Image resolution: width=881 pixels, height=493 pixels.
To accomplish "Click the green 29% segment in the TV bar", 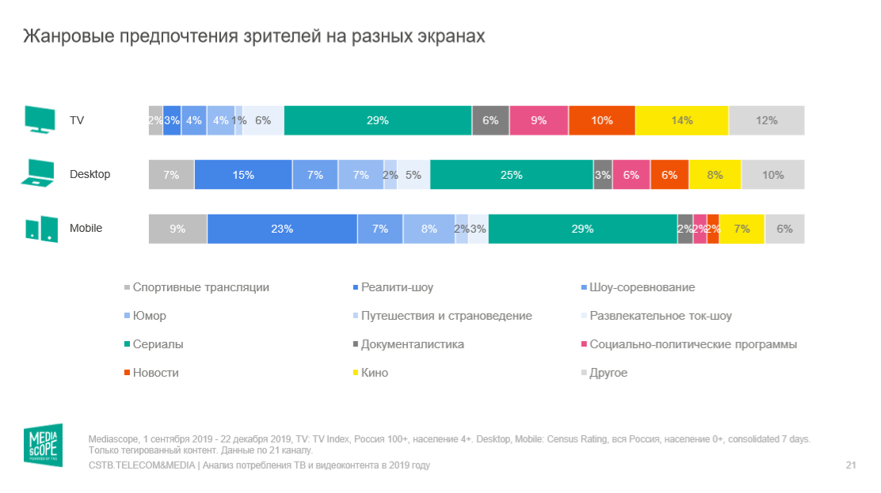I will pos(377,120).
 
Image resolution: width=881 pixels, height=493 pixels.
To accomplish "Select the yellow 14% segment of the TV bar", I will pos(682,120).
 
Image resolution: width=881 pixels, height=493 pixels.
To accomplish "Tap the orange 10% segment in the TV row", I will pos(601,120).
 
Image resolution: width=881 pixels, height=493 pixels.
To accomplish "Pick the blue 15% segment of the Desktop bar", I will pos(243,175).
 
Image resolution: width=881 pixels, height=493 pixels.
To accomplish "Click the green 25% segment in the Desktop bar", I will pos(511,175).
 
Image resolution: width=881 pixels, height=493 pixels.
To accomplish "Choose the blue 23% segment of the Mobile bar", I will pos(281,229).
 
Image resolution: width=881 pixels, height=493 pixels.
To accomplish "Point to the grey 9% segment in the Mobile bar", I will pos(177,229).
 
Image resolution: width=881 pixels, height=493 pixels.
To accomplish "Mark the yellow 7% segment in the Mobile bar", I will pos(742,229).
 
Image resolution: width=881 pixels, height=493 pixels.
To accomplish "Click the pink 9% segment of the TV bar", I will pos(539,120).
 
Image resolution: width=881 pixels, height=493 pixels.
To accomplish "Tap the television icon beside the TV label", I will pos(40,119).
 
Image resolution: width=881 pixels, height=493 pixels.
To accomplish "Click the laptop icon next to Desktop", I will pos(38,173).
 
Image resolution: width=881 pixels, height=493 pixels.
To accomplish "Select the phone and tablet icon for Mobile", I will pos(40,228).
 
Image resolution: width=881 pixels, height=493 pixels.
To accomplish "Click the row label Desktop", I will pos(90,174).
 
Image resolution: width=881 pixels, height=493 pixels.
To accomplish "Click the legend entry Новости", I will pos(155,373).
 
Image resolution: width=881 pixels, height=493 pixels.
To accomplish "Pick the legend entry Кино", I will pos(374,373).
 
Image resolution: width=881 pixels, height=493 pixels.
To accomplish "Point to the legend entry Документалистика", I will pos(412,344).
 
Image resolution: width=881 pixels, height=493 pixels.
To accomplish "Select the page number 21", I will pos(851,465).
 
